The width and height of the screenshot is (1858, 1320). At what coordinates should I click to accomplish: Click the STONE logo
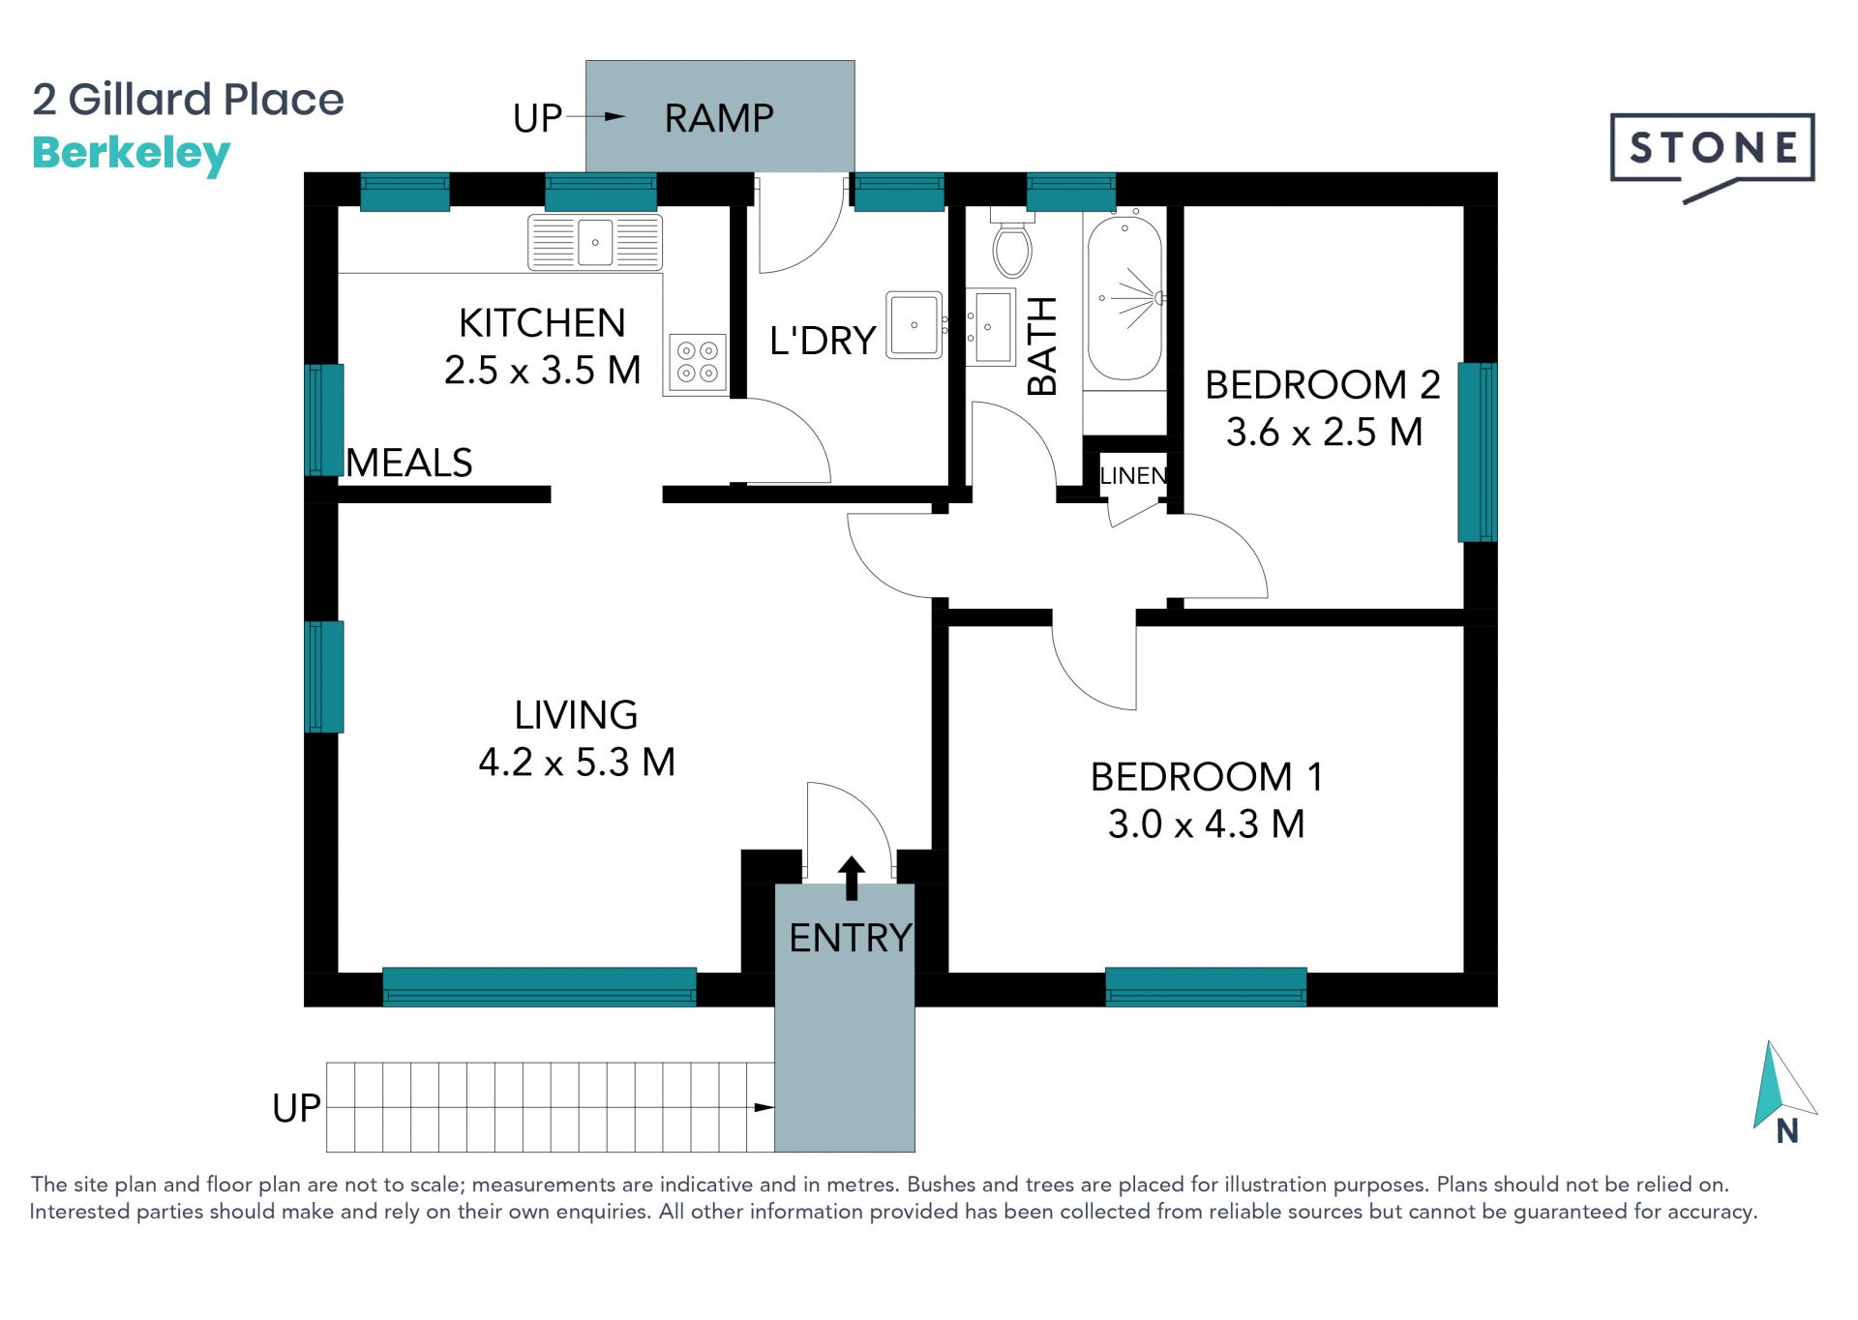pos(1712,155)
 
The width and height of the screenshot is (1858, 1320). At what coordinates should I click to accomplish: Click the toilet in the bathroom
pos(1012,242)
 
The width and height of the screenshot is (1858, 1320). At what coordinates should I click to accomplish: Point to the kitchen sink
pos(595,242)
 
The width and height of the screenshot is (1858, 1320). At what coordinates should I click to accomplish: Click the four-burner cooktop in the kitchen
pos(697,361)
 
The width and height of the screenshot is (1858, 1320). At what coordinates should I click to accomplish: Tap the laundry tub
pos(914,325)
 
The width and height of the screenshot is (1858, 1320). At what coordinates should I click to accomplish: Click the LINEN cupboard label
pos(1133,476)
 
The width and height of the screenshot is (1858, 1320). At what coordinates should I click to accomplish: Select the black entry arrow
pos(852,878)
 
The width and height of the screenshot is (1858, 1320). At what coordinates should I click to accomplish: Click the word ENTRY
pos(850,938)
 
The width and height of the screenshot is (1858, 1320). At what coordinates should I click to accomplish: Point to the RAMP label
pos(719,118)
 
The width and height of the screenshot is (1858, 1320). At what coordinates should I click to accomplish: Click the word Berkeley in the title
pos(132,155)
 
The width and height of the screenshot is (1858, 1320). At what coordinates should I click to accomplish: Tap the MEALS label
pos(409,463)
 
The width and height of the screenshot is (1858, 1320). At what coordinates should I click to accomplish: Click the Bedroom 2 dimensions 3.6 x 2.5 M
pos(1324,432)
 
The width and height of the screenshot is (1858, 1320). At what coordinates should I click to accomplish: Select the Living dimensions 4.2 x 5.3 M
pos(577,762)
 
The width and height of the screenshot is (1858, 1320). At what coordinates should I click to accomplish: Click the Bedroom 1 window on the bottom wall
pos(1206,986)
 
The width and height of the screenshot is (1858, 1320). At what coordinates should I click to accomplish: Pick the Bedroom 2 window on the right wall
pos(1477,452)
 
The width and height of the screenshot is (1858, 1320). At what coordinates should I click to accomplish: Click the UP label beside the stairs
pos(296,1108)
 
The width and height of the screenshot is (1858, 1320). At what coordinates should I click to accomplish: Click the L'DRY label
pos(823,341)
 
